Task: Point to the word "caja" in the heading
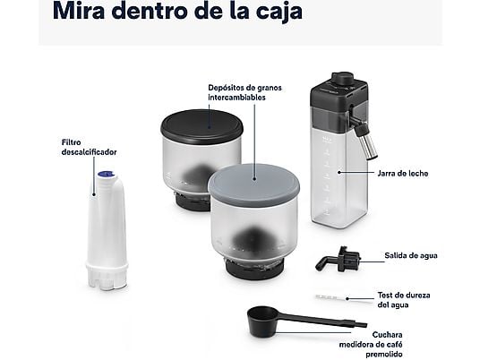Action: coord(271,13)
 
